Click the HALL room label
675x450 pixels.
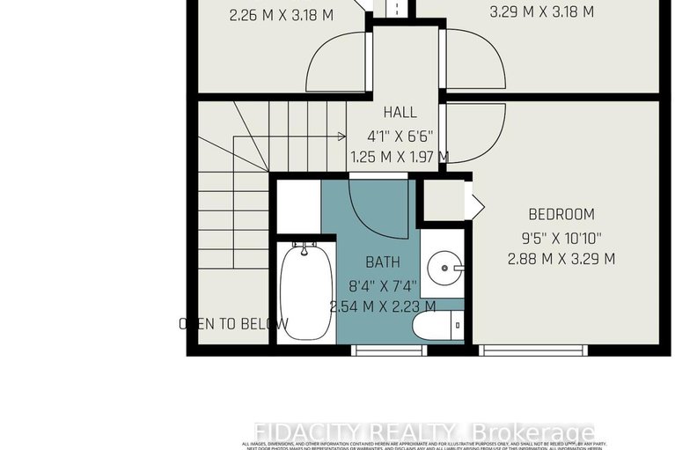click(x=400, y=114)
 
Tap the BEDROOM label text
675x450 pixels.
click(x=561, y=214)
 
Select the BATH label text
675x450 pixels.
click(x=383, y=262)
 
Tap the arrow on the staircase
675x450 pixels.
click(x=341, y=136)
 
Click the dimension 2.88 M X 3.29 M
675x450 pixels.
click(x=561, y=259)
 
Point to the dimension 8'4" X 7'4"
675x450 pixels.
click(x=383, y=284)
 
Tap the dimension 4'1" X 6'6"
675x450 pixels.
click(x=400, y=136)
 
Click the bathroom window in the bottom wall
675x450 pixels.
click(x=389, y=350)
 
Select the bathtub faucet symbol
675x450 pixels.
click(x=304, y=250)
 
